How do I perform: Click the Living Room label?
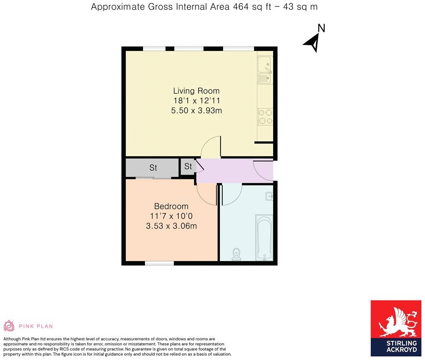[x=196, y=91]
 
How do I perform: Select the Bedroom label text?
[x=171, y=206]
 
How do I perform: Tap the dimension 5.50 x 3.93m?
[x=196, y=110]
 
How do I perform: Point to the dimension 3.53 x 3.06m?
[x=171, y=226]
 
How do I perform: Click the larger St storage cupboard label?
[x=153, y=168]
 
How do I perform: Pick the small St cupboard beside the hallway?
[x=188, y=167]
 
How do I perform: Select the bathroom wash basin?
[x=269, y=196]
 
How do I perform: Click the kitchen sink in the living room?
[x=265, y=71]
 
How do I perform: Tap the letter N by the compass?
[x=322, y=28]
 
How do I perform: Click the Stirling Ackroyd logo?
[x=395, y=328]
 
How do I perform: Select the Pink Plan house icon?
[x=9, y=326]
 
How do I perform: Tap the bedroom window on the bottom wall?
[x=159, y=263]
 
